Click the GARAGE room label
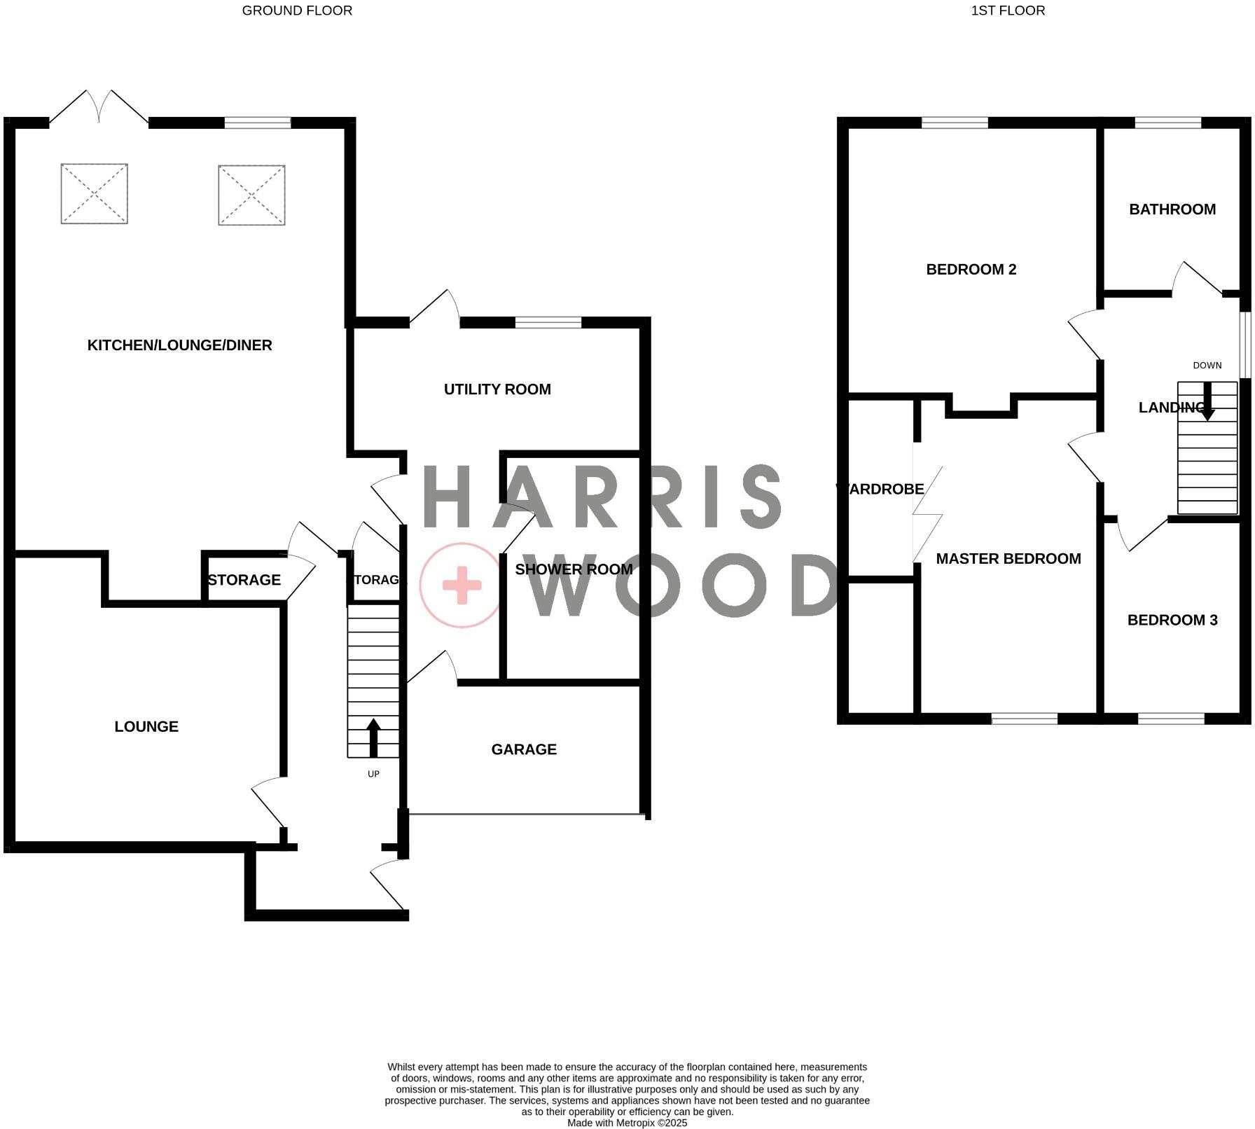click(524, 749)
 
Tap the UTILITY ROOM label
click(497, 389)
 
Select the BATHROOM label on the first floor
click(1172, 209)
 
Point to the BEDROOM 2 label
click(971, 270)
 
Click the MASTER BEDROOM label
click(1008, 559)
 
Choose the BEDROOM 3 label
click(1172, 620)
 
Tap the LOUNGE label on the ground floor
click(146, 727)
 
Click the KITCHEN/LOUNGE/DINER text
click(179, 345)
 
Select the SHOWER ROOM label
click(574, 569)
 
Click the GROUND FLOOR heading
click(297, 11)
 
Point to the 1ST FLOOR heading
click(1008, 11)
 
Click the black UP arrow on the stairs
click(373, 737)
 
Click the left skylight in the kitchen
click(95, 194)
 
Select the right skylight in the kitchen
click(251, 195)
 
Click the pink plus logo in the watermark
click(461, 585)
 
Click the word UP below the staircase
click(373, 774)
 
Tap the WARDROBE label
click(880, 490)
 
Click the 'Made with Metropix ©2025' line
click(627, 1123)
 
